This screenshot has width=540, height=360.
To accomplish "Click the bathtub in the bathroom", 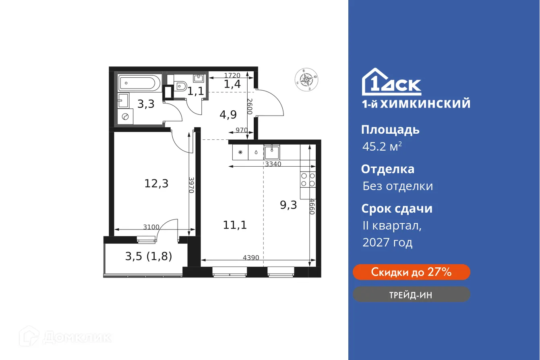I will point(137,83).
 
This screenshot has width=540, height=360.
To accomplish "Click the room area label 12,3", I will point(156,184).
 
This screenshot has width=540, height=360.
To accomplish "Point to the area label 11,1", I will point(235,225).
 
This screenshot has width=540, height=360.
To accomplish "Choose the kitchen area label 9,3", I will point(288,205).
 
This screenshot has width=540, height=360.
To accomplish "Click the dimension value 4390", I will point(251,258).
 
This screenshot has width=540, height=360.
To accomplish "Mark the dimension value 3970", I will point(191,185).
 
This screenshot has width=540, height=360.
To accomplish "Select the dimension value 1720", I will point(232,75).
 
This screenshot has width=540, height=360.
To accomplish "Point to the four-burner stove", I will point(308,179).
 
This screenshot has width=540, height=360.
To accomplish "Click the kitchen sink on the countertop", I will point(272,152).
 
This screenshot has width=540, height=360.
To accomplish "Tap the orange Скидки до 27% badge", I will point(411,272).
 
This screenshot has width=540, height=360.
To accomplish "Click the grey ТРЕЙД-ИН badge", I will point(411,295).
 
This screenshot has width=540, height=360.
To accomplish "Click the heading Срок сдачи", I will point(397,209).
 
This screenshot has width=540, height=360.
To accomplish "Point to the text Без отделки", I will point(397,186).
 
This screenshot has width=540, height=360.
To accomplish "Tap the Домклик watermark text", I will point(77,337).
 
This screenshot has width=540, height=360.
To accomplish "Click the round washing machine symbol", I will point(124,117).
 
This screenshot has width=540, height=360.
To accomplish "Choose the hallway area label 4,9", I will point(228,114).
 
